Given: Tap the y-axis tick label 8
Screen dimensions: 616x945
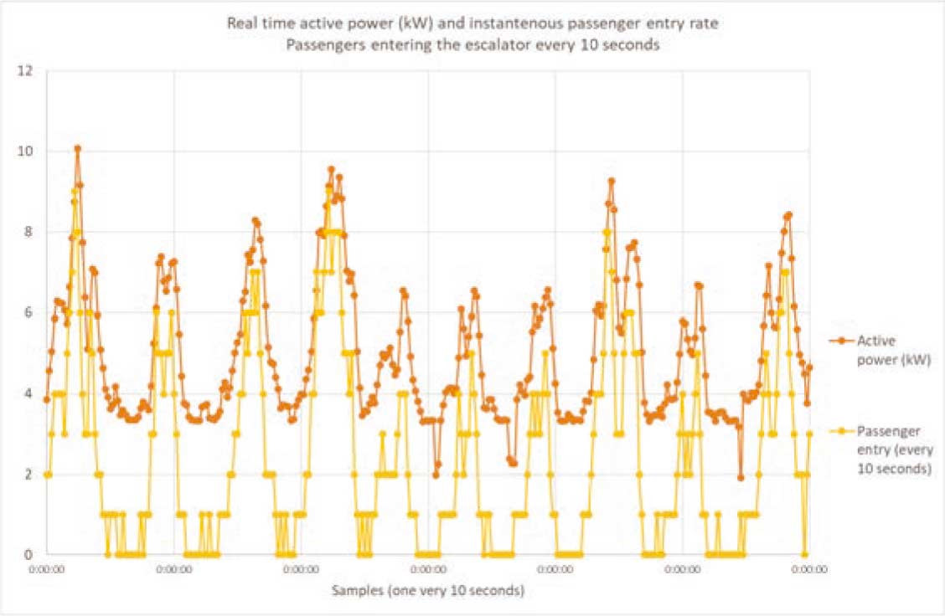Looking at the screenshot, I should click(29, 232).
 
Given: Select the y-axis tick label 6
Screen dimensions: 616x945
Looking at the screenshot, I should click(29, 312).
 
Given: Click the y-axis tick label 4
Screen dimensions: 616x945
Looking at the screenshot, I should click(29, 393).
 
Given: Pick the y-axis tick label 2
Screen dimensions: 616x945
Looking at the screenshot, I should click(29, 474).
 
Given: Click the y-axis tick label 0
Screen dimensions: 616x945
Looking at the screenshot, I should click(29, 554).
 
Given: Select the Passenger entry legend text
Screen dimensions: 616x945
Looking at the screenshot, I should click(895, 450).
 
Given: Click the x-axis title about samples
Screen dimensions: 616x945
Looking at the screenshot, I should click(428, 591).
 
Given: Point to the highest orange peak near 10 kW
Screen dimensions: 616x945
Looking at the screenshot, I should click(77, 149).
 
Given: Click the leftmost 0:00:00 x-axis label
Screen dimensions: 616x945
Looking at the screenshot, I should click(47, 569).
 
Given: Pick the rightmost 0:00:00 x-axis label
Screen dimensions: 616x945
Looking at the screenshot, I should click(809, 569).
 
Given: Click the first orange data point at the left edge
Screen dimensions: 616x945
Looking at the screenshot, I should click(47, 399).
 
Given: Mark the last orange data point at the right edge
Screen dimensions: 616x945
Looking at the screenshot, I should click(809, 367).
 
